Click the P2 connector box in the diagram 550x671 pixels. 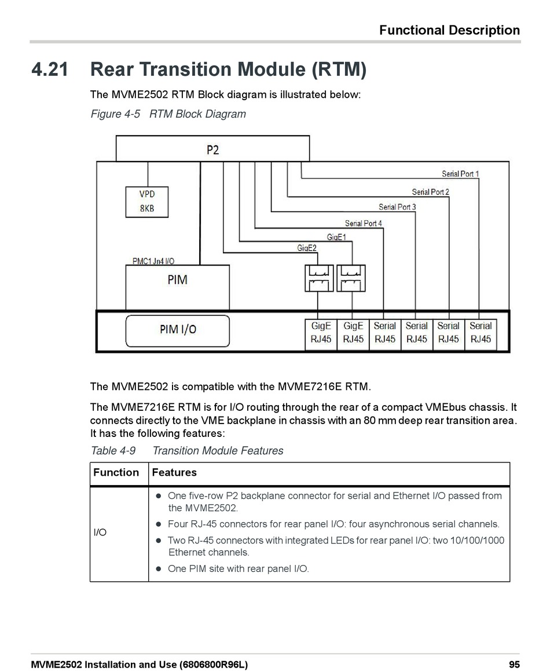(212, 149)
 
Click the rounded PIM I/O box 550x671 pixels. (178, 330)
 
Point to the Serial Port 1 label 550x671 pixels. (460, 174)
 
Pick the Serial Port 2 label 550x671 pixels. (430, 192)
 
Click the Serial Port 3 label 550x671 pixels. (397, 207)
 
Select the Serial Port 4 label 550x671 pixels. (363, 223)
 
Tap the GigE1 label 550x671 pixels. (336, 237)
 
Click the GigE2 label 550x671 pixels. (307, 248)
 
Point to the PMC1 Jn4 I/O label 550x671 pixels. (153, 261)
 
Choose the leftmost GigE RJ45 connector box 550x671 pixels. (321, 333)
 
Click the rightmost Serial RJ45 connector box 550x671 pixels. (481, 333)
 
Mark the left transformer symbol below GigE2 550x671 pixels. (318, 278)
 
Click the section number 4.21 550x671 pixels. (50, 70)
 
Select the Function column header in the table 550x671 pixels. (116, 473)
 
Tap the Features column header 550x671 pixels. (174, 473)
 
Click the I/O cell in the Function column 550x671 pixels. (100, 533)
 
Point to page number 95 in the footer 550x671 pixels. (514, 665)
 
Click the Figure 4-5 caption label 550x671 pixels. (116, 114)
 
